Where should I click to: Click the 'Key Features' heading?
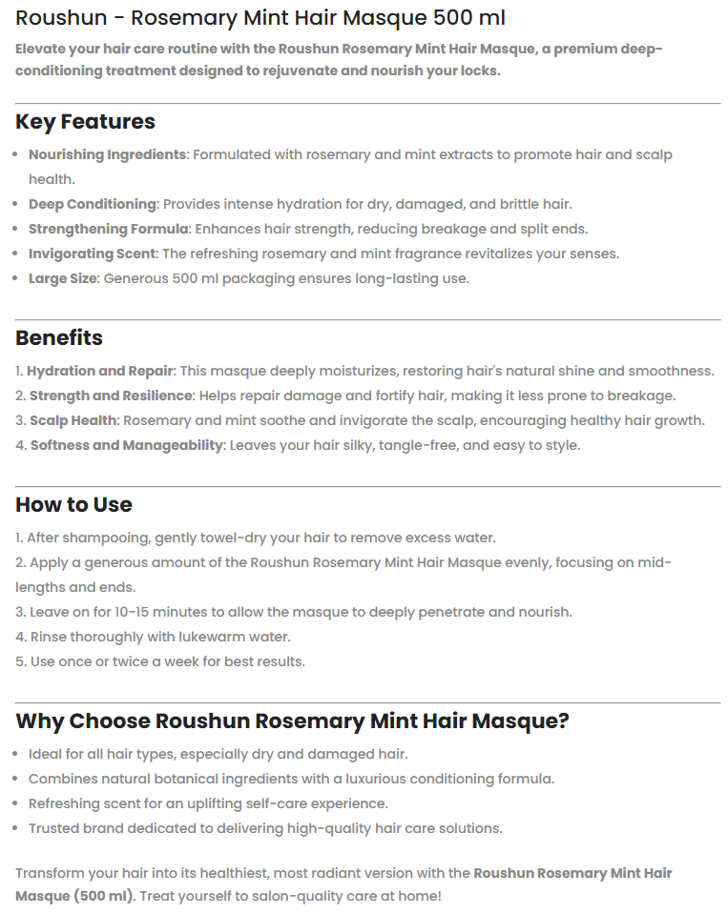point(85,122)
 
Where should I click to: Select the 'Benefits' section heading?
point(59,338)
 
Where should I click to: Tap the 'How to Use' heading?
point(73,505)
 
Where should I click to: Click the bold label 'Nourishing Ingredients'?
point(107,154)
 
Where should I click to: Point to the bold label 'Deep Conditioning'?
point(92,204)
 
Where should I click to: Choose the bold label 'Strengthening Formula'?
point(109,229)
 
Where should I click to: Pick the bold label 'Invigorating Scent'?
point(92,254)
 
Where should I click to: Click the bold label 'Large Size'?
point(63,278)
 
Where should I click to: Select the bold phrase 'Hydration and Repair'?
point(100,371)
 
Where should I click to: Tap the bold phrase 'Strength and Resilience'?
point(111,396)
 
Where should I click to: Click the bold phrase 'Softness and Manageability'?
point(126,445)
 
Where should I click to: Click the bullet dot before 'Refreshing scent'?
point(19,803)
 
